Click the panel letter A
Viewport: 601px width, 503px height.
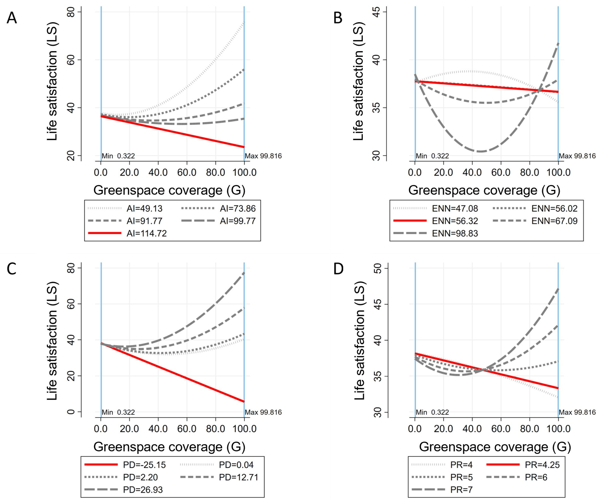[12, 18]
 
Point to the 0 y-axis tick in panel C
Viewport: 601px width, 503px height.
[71, 412]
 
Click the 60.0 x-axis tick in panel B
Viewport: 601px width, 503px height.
[501, 172]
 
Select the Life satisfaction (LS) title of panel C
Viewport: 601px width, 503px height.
[52, 340]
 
